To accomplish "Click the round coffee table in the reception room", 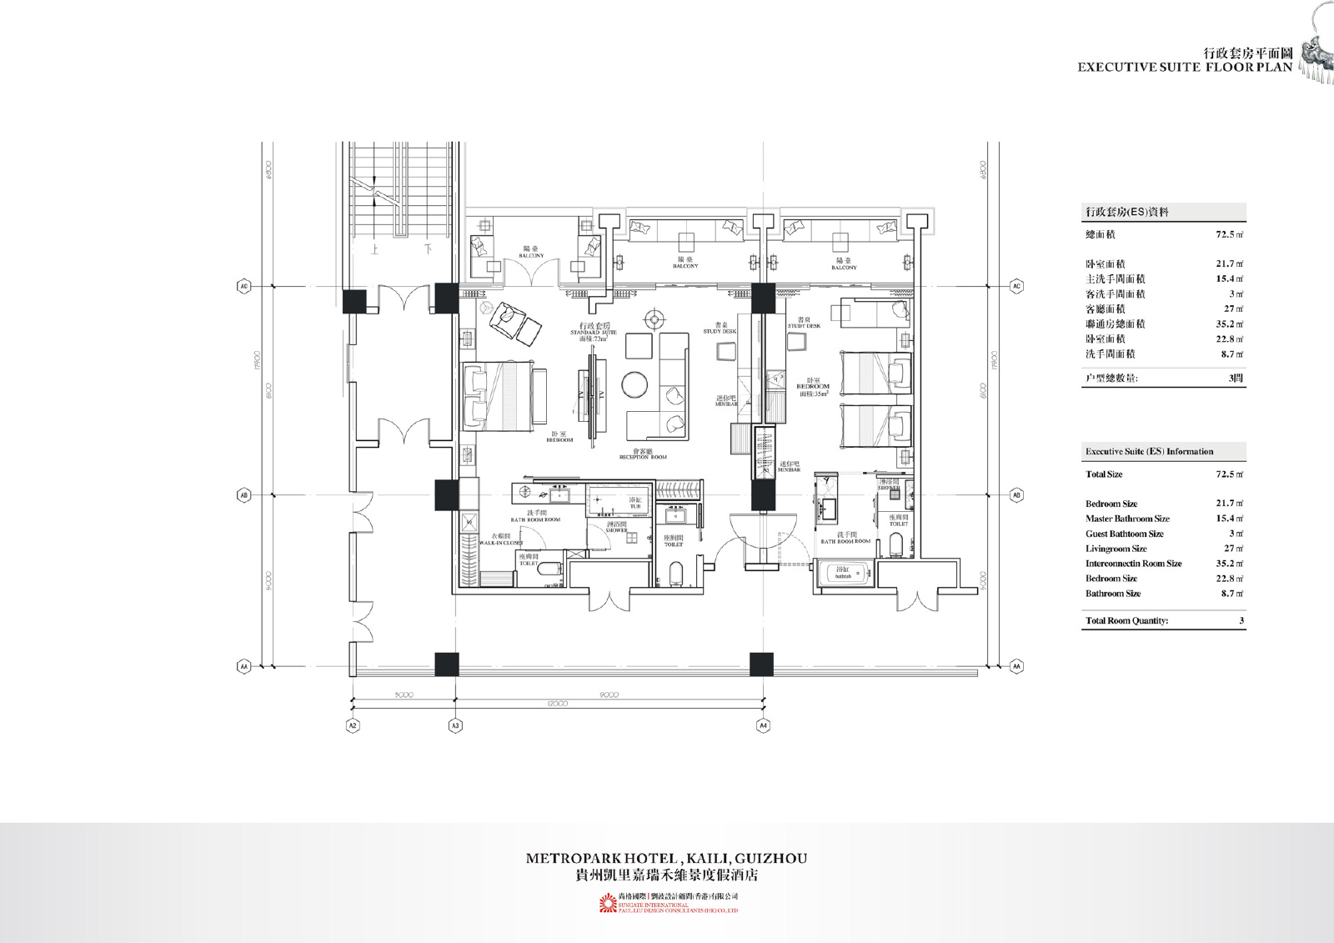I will [x=634, y=384].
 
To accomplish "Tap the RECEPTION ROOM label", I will [x=643, y=457].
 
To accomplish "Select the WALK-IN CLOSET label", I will [x=501, y=542].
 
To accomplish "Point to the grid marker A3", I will [x=455, y=725].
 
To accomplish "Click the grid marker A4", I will [x=763, y=725].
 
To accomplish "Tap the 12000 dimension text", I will [x=557, y=704].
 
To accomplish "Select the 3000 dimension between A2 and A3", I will [x=404, y=695].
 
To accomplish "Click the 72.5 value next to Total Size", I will [x=1229, y=474].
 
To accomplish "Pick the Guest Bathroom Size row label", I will [x=1124, y=534].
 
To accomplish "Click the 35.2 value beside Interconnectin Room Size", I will [x=1229, y=564].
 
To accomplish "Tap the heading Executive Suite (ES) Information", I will [x=1149, y=452].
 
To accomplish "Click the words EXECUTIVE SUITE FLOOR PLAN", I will [x=1184, y=68].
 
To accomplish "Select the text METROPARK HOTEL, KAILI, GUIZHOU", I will [x=666, y=858].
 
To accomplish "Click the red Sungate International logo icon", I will [x=606, y=904].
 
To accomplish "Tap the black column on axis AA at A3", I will [x=447, y=665].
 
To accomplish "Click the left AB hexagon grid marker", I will [x=244, y=495].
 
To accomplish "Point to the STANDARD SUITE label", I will [x=594, y=333].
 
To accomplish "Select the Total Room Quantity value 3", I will [x=1241, y=621].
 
